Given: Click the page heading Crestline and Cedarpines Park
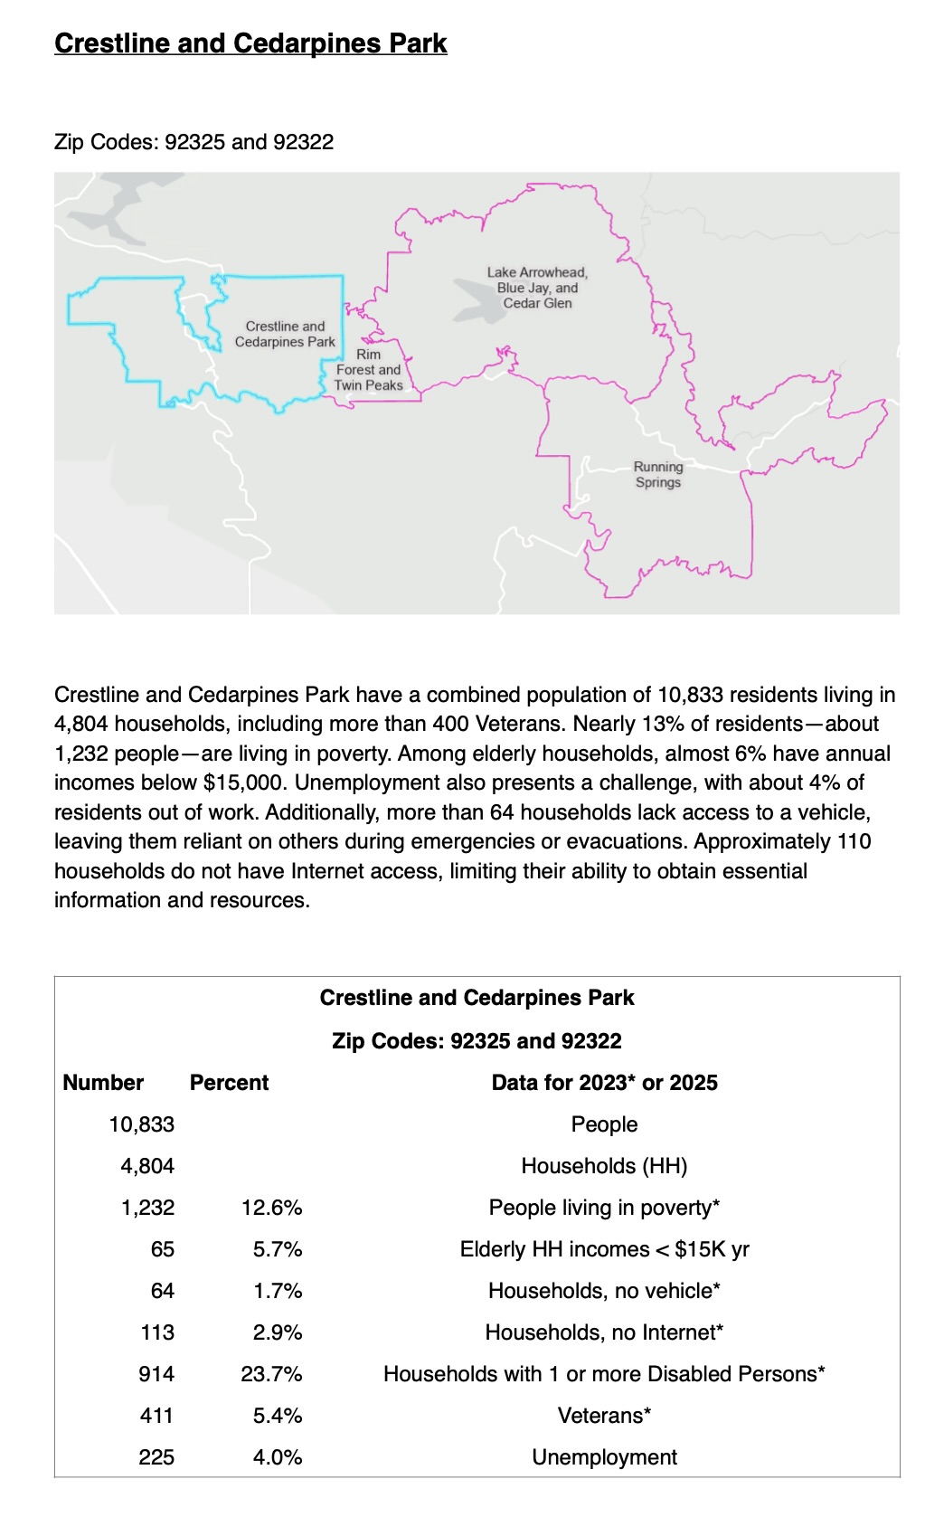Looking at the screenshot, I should [250, 43].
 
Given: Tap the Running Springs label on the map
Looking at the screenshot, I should [658, 475].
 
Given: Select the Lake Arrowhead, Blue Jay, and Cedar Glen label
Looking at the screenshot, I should [537, 288].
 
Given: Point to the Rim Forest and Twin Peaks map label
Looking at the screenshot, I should [368, 370].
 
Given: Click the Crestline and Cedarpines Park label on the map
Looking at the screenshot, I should [285, 334].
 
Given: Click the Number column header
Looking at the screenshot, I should [103, 1083].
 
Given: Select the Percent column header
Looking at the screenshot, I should [229, 1083].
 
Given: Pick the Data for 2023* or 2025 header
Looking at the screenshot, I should [604, 1083].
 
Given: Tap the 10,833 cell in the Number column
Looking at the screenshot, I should [142, 1124].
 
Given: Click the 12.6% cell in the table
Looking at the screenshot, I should [271, 1208].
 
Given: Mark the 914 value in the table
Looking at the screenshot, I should [156, 1374].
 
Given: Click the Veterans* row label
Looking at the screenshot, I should [604, 1416].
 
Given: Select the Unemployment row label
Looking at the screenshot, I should [604, 1457].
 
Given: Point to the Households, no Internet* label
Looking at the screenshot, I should [604, 1332].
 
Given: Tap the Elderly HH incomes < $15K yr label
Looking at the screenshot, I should [604, 1249].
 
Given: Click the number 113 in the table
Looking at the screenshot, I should [157, 1332].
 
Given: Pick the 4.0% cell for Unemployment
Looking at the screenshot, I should [278, 1457].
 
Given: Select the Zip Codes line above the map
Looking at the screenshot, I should [194, 142].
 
